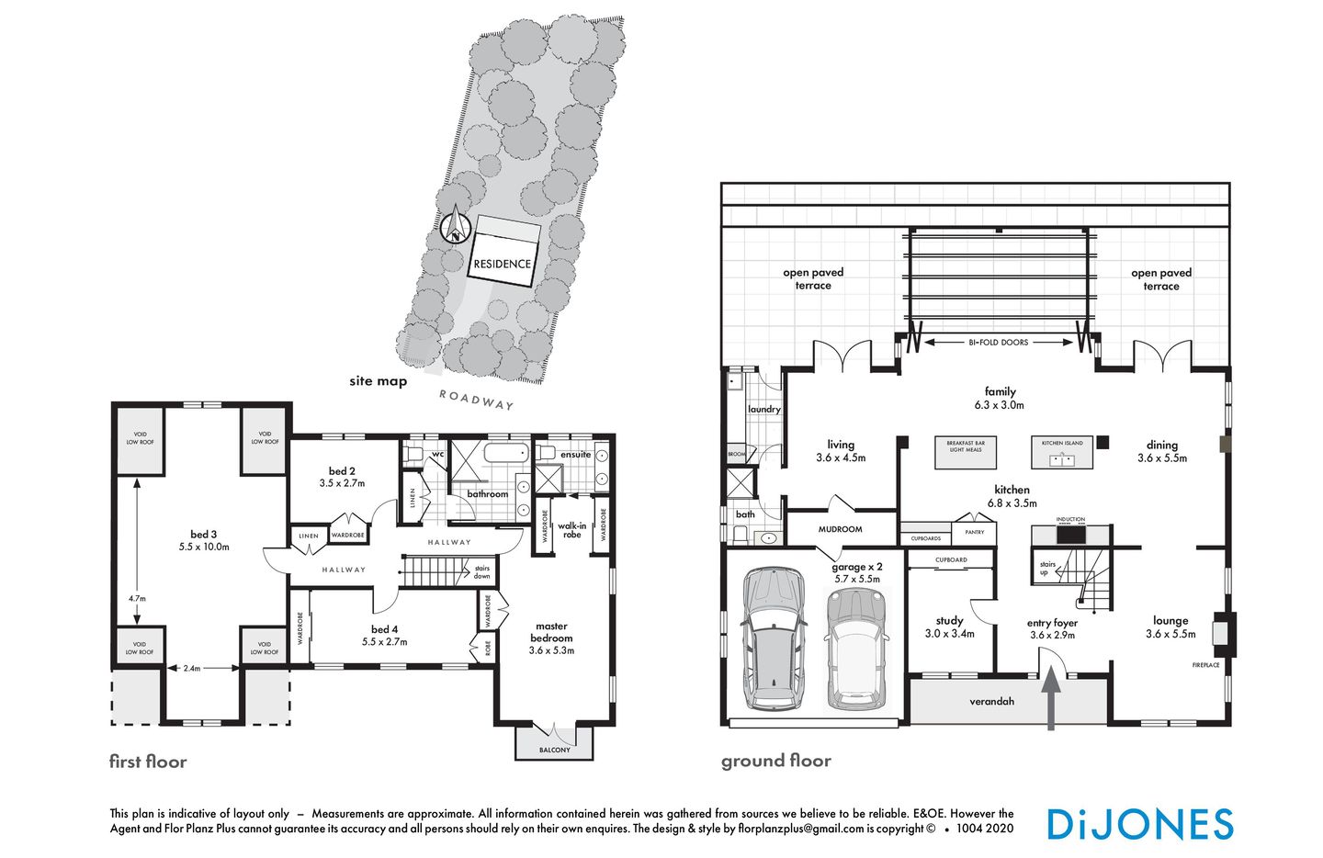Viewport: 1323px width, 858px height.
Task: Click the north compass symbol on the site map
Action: point(454,225)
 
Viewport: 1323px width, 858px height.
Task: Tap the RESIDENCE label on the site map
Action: point(502,264)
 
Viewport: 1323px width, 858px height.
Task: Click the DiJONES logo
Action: point(1139,824)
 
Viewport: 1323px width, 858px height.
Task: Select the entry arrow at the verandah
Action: point(1051,697)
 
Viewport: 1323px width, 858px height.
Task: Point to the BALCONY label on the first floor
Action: point(555,750)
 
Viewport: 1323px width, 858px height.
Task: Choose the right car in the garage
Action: point(856,649)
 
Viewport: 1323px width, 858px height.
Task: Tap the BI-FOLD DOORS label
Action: point(999,342)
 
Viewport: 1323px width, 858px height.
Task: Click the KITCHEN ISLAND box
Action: point(1062,451)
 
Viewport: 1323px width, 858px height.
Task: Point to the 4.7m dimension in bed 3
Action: point(137,598)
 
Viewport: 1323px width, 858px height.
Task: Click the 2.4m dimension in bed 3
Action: point(191,668)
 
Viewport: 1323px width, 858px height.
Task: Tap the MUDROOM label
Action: point(840,529)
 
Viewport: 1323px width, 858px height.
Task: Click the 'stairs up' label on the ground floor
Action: point(1047,568)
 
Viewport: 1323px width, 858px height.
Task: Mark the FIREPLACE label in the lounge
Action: point(1205,664)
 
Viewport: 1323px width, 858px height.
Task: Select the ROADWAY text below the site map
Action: point(476,400)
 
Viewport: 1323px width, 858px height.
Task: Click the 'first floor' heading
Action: point(148,762)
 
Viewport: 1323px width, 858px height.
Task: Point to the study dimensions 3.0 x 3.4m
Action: point(949,633)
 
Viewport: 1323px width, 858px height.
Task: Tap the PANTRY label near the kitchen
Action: point(974,532)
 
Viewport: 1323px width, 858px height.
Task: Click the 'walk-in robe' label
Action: point(572,530)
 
